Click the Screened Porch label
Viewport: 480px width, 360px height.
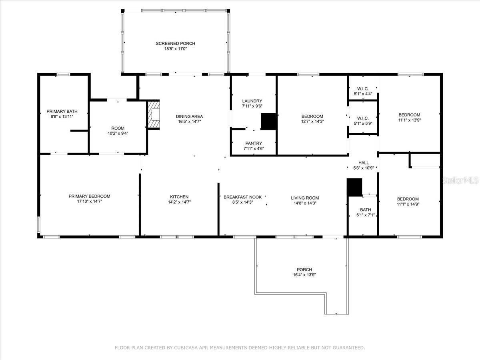pos(175,43)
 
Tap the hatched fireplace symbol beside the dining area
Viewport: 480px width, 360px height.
pos(154,115)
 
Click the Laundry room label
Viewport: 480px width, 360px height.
pos(252,101)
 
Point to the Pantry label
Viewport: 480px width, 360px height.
pos(254,143)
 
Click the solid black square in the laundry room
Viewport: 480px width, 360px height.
pos(269,122)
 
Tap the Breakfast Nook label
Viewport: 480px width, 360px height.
pos(242,197)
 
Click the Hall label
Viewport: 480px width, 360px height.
pos(364,163)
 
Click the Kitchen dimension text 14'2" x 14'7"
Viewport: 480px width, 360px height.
pos(179,202)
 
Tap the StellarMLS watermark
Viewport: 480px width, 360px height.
pos(460,181)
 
